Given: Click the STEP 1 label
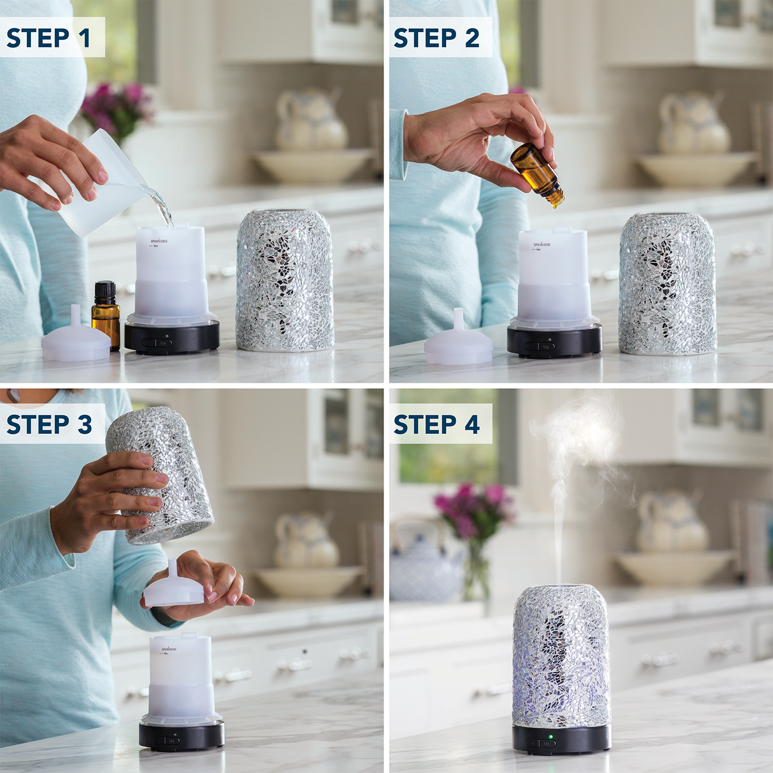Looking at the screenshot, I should [49, 38].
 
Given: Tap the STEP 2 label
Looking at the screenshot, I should [437, 38].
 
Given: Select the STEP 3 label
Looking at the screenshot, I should [49, 424].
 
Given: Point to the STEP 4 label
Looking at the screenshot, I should [437, 424].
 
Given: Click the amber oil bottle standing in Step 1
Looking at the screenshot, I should [106, 316].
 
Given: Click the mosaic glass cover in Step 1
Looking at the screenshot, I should [285, 281].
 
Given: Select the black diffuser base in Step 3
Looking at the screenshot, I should [181, 736].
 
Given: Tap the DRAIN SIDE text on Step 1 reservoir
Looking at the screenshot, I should [159, 241].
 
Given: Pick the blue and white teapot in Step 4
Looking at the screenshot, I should [425, 572].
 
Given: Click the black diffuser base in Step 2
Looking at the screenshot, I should [554, 342].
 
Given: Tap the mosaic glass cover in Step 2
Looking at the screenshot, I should [668, 284].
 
